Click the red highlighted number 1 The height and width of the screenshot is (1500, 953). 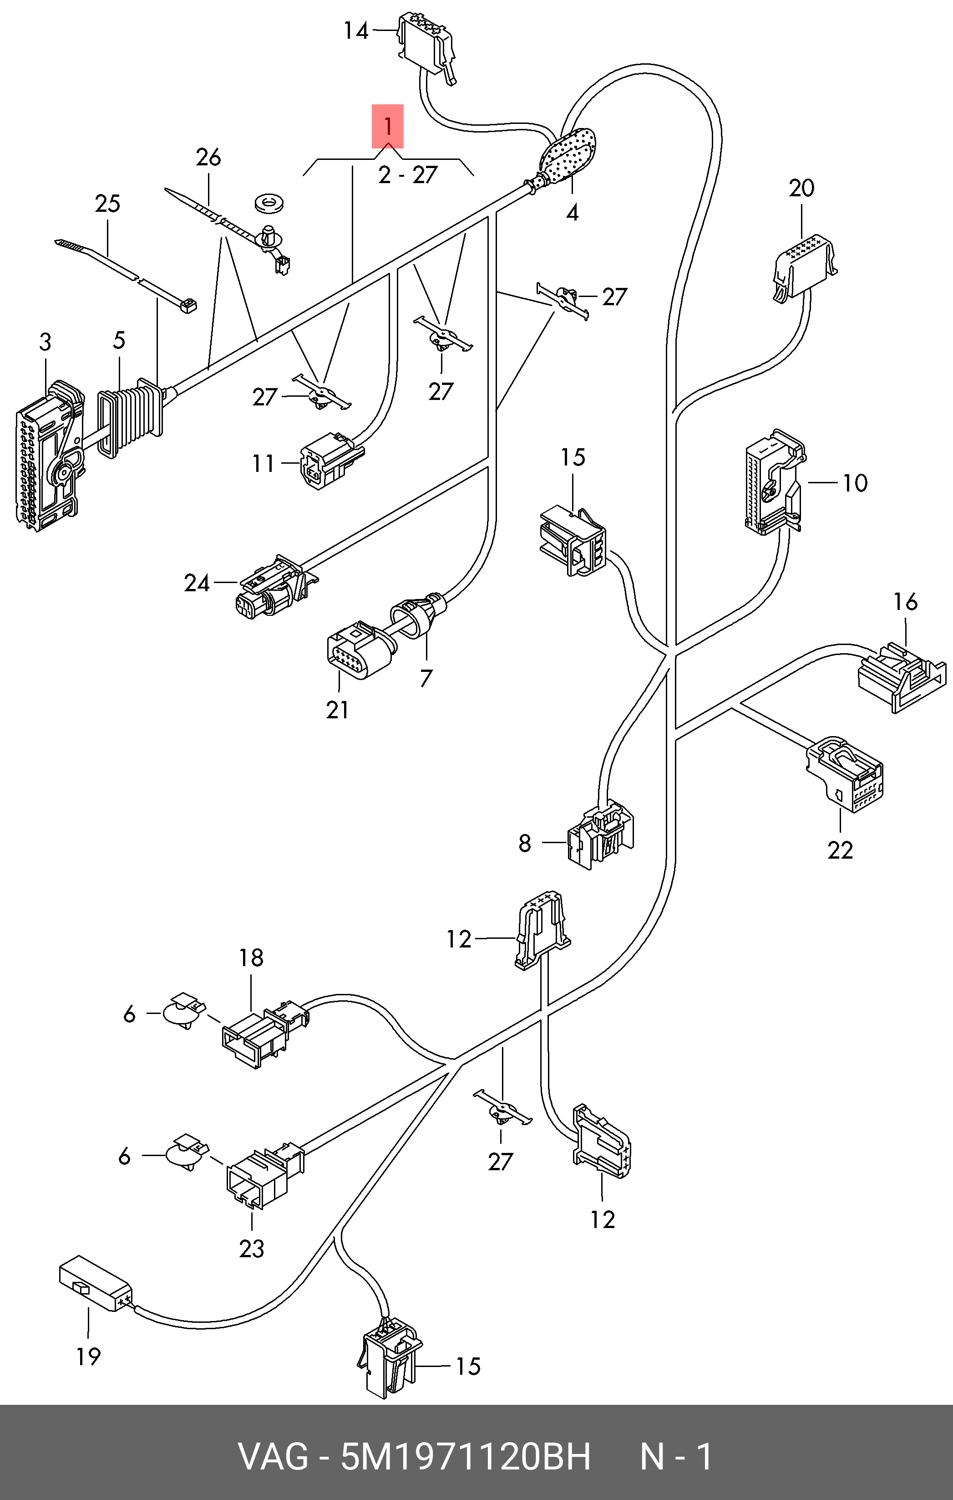coord(387,127)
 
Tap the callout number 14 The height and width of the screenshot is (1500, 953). coord(356,31)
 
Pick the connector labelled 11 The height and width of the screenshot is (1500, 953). coord(330,461)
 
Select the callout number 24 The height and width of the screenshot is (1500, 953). coord(197,583)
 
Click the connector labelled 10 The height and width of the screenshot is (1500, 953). coord(772,483)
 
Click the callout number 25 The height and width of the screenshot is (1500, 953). coord(107,204)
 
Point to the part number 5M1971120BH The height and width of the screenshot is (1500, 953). coord(465,1456)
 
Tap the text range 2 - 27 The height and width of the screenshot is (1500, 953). coord(408,175)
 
